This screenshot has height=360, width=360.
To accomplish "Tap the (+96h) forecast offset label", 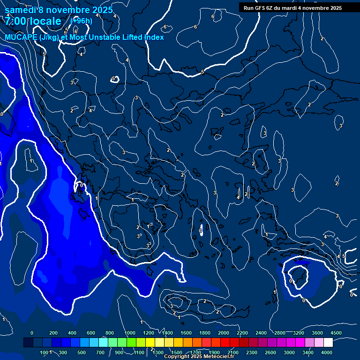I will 81,21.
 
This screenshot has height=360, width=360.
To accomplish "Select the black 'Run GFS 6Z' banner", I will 292,8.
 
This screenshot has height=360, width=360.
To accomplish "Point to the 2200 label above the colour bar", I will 242,333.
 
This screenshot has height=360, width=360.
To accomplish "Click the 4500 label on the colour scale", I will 336,333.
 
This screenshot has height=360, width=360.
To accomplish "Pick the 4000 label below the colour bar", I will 327,352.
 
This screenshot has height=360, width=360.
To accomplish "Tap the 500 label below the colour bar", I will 82,352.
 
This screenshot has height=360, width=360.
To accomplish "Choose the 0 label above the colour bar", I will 32,333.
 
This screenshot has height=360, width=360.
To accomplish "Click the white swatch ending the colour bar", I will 341,343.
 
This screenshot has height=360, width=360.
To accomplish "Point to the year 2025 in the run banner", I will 333,8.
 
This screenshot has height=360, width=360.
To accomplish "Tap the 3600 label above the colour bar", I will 317,333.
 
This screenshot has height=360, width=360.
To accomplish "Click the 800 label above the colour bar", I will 110,333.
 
